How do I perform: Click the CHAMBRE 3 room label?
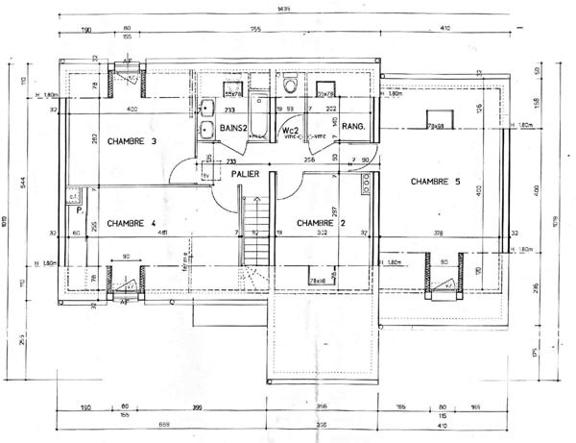pos(132,142)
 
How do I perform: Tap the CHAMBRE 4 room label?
pos(132,223)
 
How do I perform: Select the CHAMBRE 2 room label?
pos(322,223)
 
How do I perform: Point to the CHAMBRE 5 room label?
pos(437,181)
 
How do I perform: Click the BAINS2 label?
pos(235,128)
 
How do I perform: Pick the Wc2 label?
pos(290,129)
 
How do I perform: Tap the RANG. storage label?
pos(353,127)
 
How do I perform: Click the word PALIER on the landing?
pos(247,174)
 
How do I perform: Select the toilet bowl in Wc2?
pos(290,86)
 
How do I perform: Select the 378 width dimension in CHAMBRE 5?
pos(438,233)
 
